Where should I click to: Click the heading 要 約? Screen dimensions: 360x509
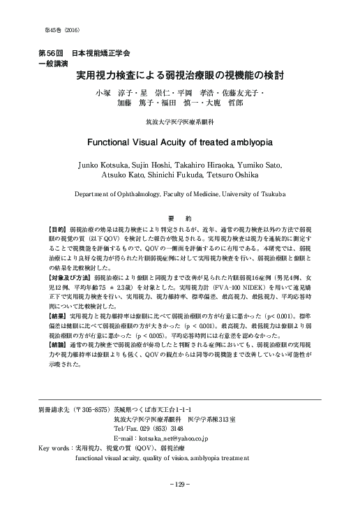click(x=179, y=218)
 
